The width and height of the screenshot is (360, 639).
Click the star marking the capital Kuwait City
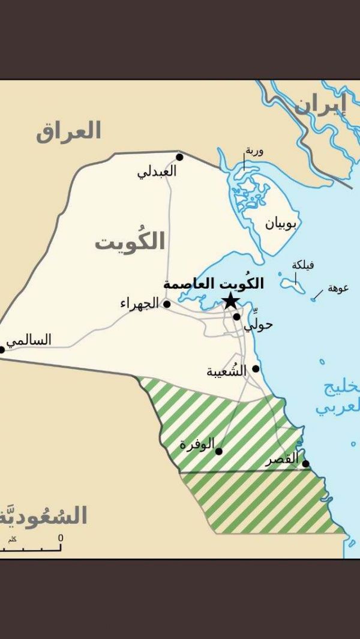[230, 301]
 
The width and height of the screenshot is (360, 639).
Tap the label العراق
[68, 131]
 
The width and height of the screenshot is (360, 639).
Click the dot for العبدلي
[179, 157]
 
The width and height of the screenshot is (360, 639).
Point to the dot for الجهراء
[167, 304]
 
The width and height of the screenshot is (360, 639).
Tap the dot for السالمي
[2, 349]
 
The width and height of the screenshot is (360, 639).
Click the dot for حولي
[237, 317]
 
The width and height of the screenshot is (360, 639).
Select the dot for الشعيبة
[256, 369]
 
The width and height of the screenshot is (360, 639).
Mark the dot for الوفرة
[219, 451]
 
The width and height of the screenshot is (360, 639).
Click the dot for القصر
[305, 464]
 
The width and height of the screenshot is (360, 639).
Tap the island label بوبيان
[281, 224]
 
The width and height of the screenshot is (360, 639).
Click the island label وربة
[253, 151]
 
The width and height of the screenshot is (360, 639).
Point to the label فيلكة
[303, 265]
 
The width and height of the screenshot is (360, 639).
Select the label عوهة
[338, 288]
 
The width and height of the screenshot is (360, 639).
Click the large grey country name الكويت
[130, 242]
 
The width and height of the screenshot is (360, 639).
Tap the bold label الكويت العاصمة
[214, 284]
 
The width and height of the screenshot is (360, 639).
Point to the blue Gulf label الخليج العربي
[338, 397]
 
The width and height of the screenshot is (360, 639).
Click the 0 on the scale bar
[61, 538]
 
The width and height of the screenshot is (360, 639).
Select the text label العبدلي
[157, 172]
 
